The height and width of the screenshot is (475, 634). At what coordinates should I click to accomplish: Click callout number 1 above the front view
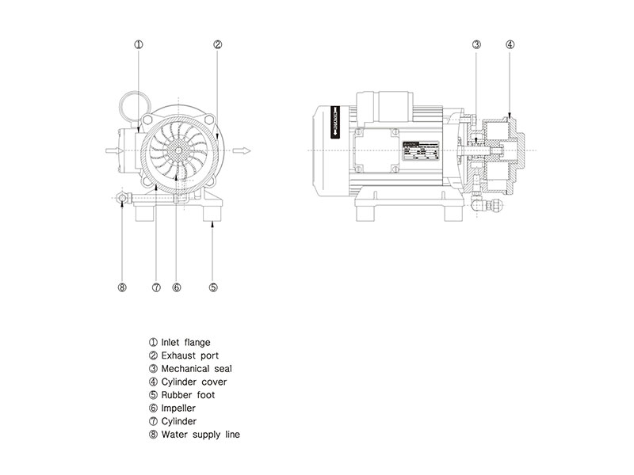[x=138, y=45]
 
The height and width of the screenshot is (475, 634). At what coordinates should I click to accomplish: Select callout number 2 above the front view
[x=217, y=45]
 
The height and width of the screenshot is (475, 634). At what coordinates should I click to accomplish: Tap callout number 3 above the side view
[x=476, y=45]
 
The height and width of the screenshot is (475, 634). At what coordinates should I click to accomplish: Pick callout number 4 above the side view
[x=510, y=45]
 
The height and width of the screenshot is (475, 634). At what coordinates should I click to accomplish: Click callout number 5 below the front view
[x=213, y=287]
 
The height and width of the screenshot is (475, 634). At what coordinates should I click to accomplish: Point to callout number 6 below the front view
[x=177, y=287]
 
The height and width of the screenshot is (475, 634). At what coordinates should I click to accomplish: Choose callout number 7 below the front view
[x=156, y=287]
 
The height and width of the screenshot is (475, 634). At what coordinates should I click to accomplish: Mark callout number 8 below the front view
[x=122, y=287]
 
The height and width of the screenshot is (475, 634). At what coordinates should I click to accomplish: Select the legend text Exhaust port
[x=188, y=355]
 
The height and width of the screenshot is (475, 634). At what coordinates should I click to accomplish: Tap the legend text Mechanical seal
[x=196, y=369]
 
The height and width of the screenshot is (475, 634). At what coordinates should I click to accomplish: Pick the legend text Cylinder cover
[x=193, y=382]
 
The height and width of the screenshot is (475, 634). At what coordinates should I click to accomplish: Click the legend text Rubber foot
[x=188, y=395]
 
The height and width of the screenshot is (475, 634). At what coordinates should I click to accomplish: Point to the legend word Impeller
[x=178, y=408]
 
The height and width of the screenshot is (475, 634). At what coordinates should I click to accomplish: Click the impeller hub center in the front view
[x=178, y=150]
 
